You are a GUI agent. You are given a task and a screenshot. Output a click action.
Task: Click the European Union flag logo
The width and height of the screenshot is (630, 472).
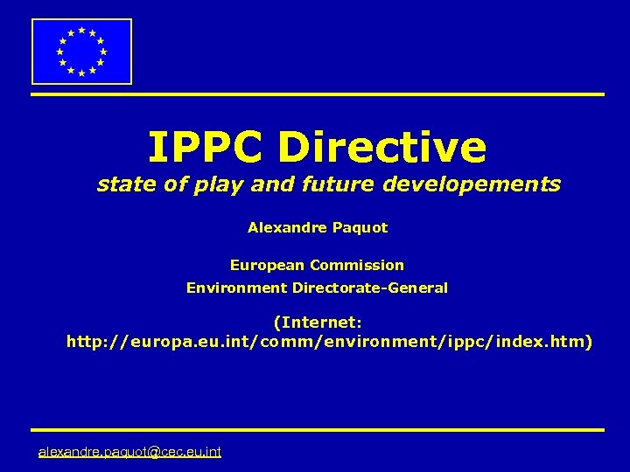pyautogui.click(x=81, y=52)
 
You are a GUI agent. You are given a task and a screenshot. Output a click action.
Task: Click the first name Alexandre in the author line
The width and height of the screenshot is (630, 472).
pyautogui.click(x=288, y=227)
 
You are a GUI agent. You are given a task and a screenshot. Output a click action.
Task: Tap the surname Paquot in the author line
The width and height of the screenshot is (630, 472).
pyautogui.click(x=360, y=228)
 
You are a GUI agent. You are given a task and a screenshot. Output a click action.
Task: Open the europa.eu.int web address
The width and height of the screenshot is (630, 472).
pyautogui.click(x=329, y=342)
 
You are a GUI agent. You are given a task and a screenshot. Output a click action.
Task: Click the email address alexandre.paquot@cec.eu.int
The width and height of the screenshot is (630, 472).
pyautogui.click(x=129, y=451)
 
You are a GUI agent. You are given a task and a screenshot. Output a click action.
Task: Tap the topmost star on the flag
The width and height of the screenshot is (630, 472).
pyautogui.click(x=81, y=30)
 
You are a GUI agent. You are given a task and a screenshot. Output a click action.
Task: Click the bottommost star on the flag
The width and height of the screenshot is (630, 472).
pyautogui.click(x=81, y=73)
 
